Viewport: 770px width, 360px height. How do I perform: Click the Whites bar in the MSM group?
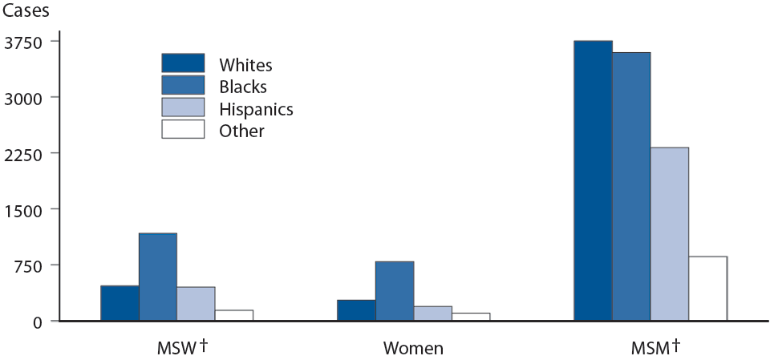click(593, 180)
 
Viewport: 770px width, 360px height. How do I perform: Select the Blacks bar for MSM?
click(631, 186)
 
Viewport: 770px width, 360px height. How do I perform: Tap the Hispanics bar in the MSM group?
click(670, 234)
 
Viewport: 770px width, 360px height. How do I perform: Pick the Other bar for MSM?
click(707, 289)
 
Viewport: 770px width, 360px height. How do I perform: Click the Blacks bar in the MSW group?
click(158, 277)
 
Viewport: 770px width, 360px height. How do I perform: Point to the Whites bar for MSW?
click(120, 303)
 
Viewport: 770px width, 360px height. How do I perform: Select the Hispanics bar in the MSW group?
click(196, 304)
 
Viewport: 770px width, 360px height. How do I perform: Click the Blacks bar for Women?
click(395, 291)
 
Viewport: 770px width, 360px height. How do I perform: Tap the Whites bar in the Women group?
click(356, 310)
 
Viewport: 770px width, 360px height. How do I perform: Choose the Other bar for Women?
click(471, 317)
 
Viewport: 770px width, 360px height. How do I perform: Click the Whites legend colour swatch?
click(183, 63)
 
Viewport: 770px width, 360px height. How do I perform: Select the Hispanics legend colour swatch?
click(183, 107)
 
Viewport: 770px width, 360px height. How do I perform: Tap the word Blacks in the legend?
click(242, 86)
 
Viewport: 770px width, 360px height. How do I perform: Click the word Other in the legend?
click(241, 131)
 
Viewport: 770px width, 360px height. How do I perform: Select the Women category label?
click(413, 348)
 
